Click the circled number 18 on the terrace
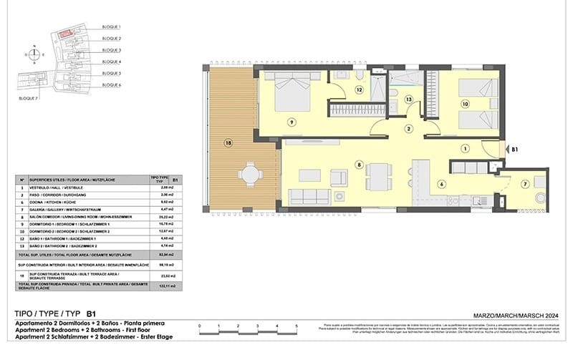228,142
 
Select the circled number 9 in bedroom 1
292,122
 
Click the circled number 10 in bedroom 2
465,104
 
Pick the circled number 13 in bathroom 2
409,99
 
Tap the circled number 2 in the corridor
408,129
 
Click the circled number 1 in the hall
465,149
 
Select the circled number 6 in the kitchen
441,184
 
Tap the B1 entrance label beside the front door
514,150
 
